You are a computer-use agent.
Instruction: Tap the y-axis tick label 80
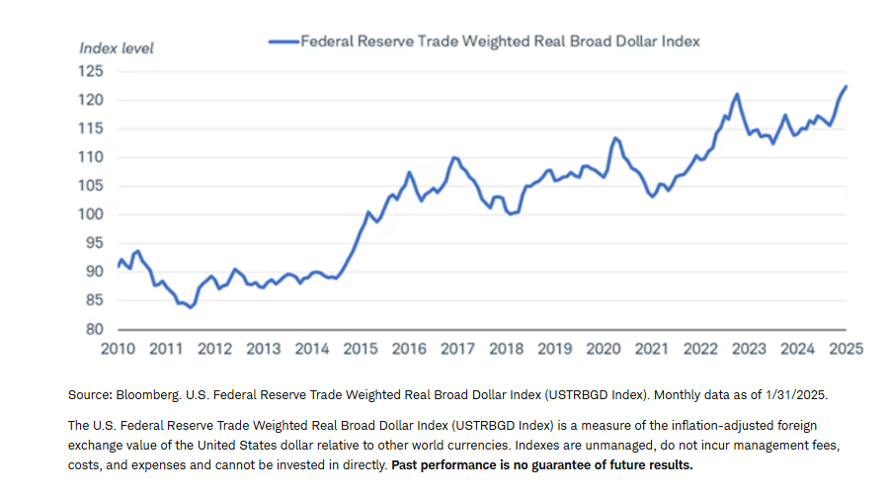94,329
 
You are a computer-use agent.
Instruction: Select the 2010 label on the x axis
118,349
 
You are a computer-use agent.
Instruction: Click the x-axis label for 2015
361,349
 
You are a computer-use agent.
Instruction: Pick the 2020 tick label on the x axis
604,349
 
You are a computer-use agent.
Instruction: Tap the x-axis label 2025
847,349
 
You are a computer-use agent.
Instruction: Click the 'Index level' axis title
117,47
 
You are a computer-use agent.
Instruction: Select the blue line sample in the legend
283,41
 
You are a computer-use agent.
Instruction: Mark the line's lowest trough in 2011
191,307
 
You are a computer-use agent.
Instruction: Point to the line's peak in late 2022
737,94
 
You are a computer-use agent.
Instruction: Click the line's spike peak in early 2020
614,137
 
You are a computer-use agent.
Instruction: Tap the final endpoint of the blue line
847,86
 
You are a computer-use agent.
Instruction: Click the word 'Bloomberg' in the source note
150,394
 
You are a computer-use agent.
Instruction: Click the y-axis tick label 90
94,272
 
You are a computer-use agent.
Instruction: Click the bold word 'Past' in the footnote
407,465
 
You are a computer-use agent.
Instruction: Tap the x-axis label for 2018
507,349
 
